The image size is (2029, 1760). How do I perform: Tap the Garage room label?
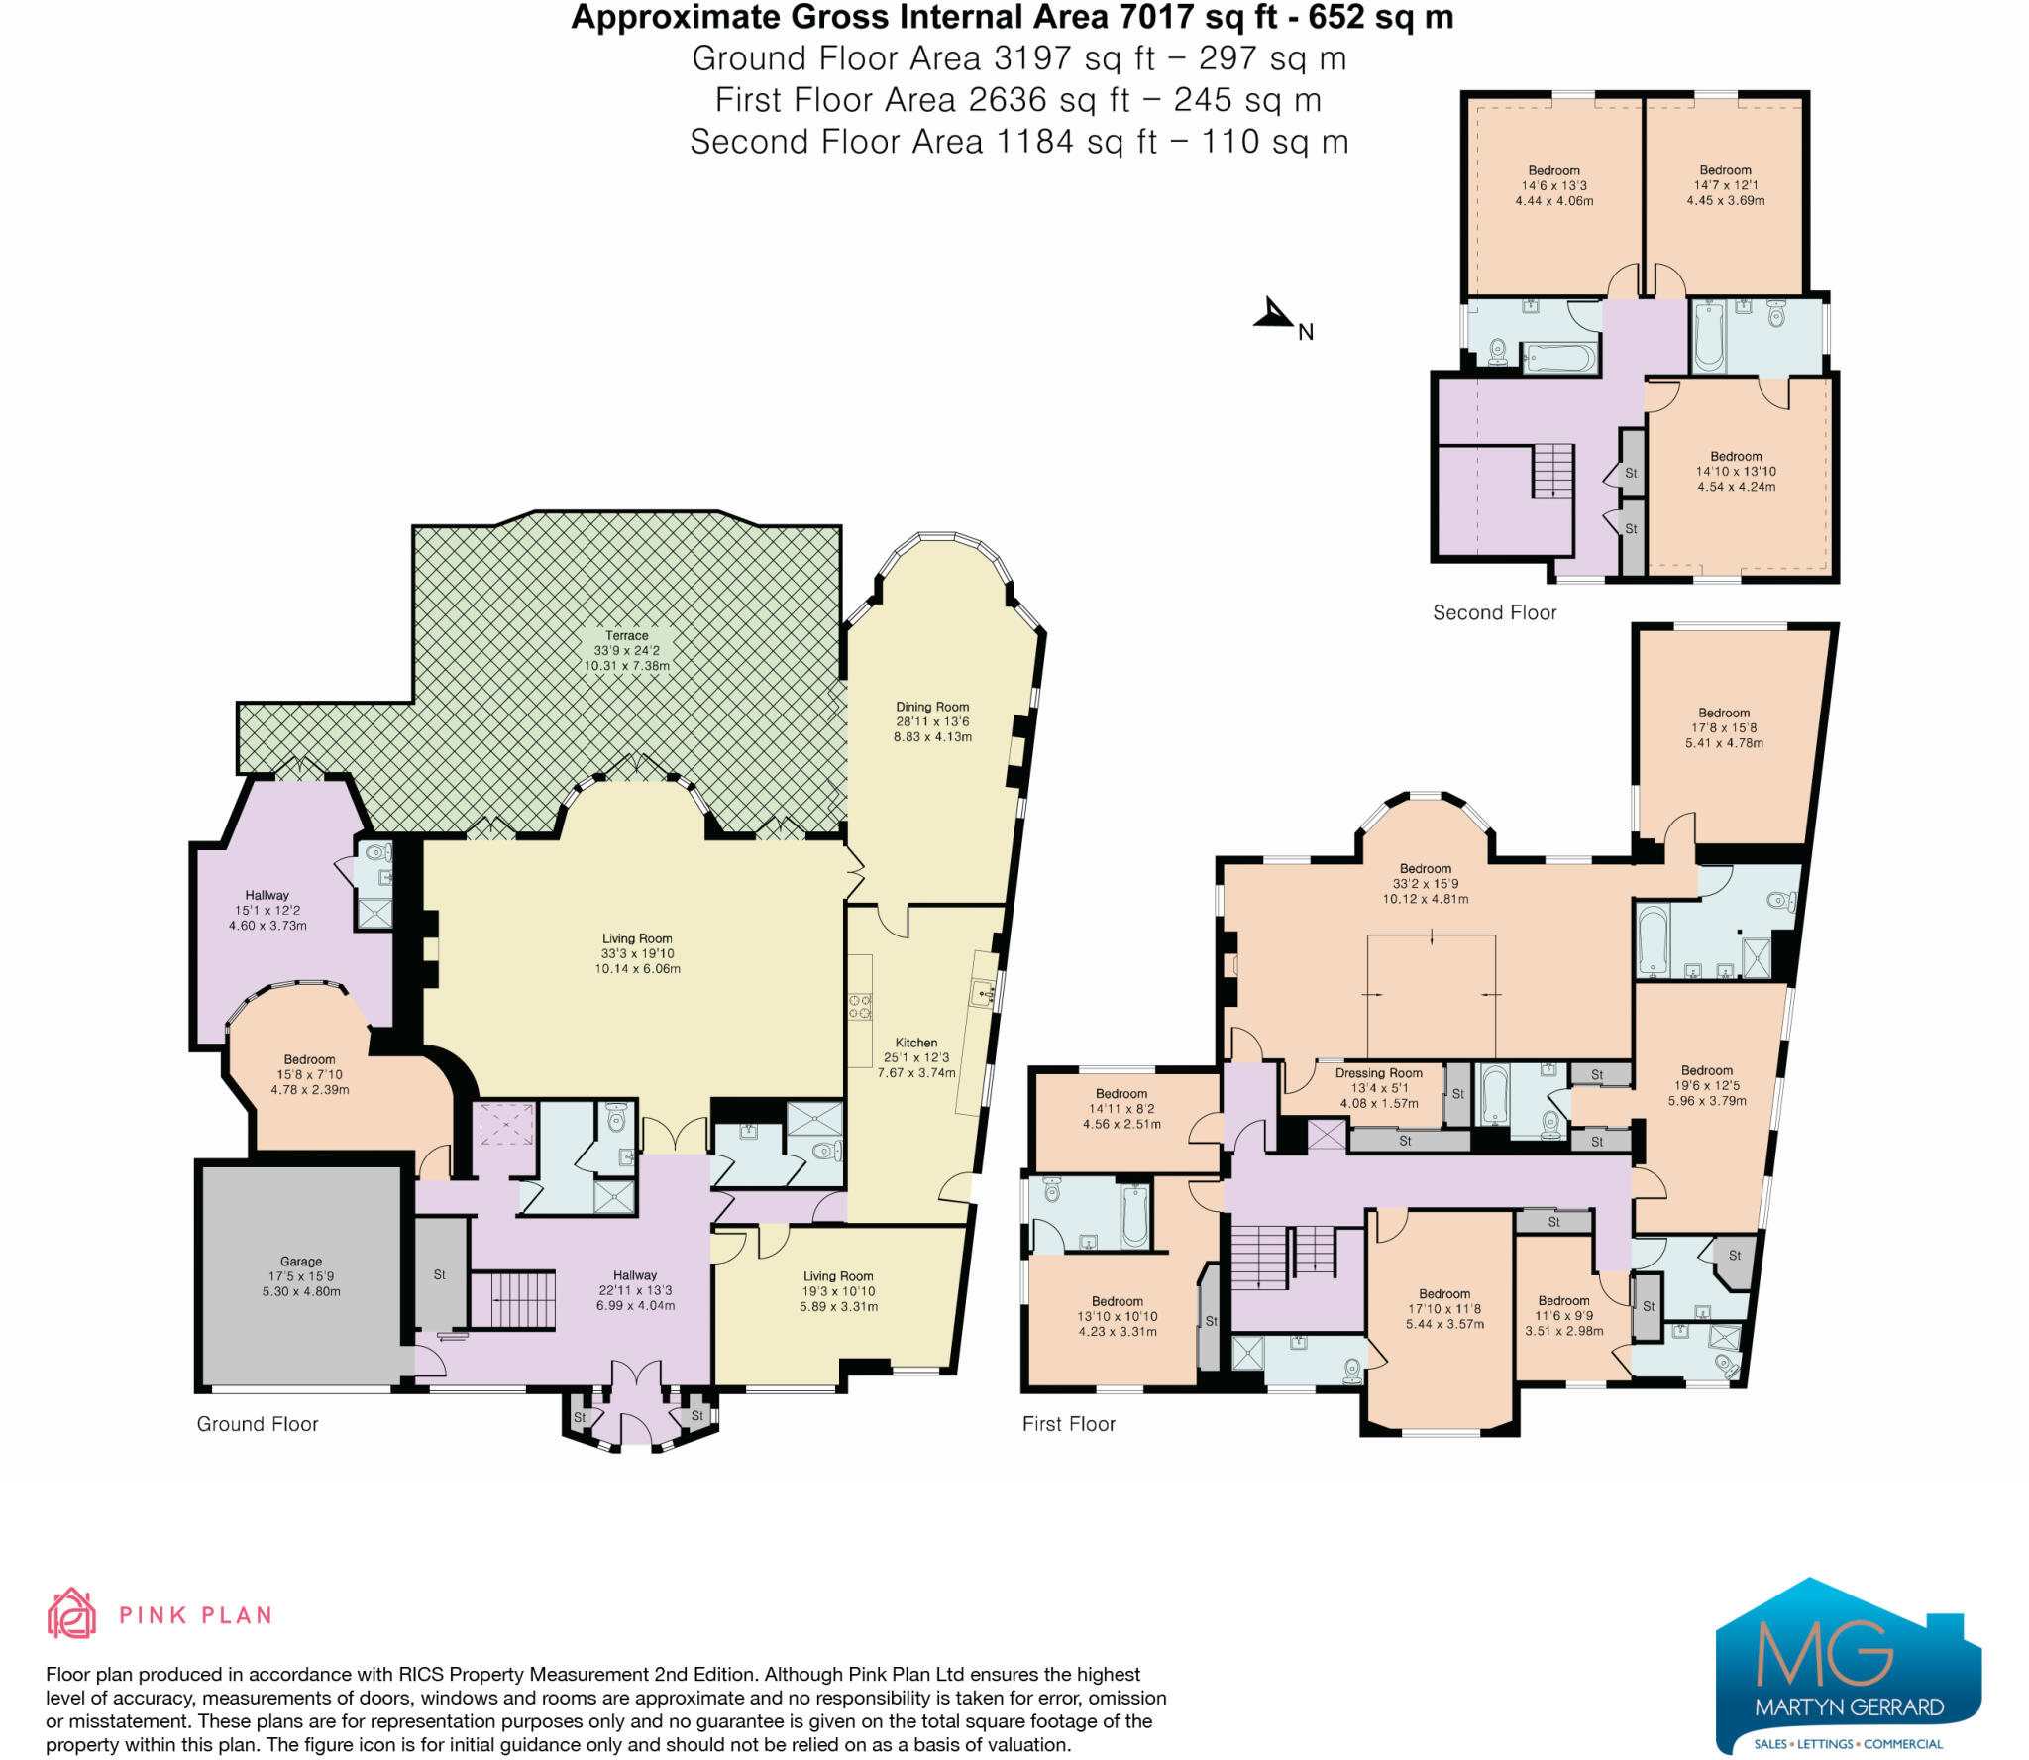pos(301,1262)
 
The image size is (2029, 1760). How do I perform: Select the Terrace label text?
pos(627,636)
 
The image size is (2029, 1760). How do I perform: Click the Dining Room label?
pos(932,707)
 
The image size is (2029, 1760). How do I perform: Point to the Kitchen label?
pos(916,1043)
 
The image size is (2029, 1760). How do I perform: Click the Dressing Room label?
pos(1378,1073)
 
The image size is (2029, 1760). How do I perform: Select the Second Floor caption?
pos(1494,613)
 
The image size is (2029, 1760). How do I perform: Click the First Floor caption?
pos(1068,1424)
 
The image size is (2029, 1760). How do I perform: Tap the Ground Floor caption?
pos(258,1424)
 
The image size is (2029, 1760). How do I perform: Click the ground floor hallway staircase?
pos(512,1299)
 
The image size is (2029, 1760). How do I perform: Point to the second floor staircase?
pos(1552,471)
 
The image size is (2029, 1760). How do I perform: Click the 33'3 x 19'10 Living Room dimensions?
pos(637,953)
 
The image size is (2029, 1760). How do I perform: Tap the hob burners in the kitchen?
pos(859,1006)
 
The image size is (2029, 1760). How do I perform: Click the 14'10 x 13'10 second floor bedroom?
pos(1736,472)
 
